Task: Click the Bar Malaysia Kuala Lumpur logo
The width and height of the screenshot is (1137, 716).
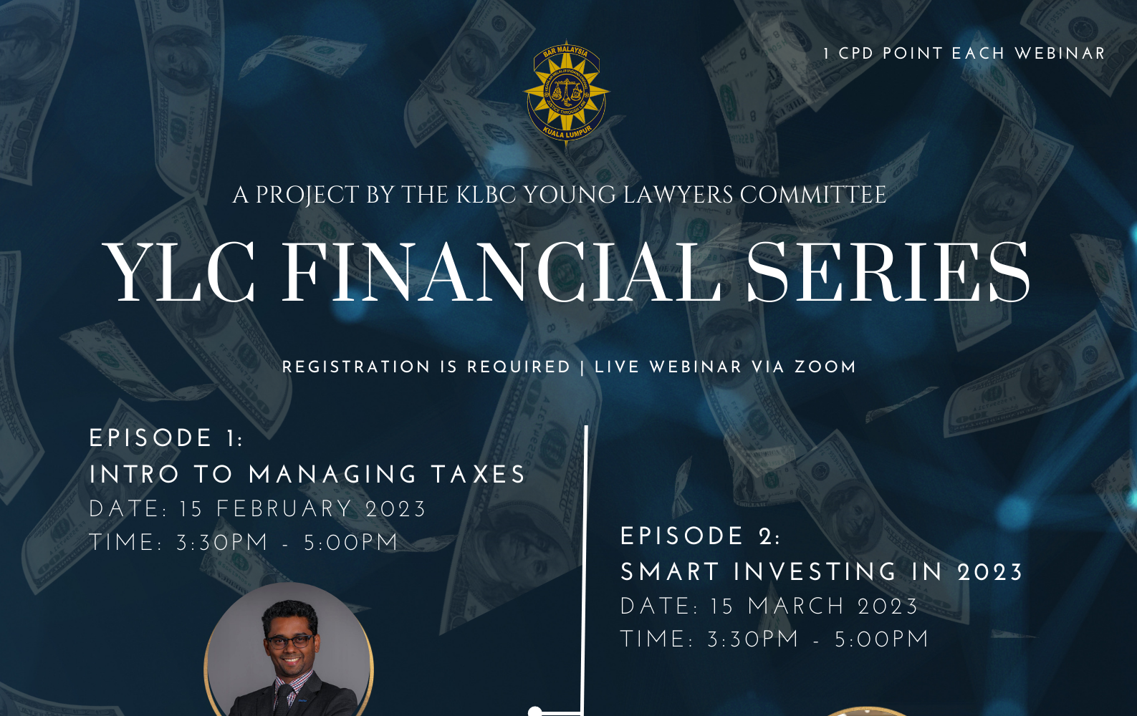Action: (x=566, y=93)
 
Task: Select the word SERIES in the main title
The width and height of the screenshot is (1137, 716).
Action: (x=888, y=273)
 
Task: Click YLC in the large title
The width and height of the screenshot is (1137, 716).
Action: (x=178, y=273)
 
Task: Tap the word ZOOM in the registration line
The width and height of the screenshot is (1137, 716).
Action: (x=825, y=367)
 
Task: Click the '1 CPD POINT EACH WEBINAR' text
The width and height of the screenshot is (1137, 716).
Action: (x=964, y=53)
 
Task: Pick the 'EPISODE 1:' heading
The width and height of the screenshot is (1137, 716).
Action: (x=166, y=438)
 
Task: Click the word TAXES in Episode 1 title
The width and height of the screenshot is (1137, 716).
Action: (x=478, y=475)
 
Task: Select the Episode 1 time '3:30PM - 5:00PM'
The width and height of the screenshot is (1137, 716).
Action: (x=287, y=543)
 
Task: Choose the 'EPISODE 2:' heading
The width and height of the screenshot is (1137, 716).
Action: (x=700, y=537)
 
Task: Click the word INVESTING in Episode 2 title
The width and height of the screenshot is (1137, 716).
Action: (x=815, y=572)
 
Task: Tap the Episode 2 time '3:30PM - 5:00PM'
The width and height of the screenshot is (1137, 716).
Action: (x=817, y=639)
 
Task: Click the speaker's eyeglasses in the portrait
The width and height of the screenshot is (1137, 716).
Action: (x=289, y=642)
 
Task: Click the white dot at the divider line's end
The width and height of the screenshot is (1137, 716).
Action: (x=535, y=711)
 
